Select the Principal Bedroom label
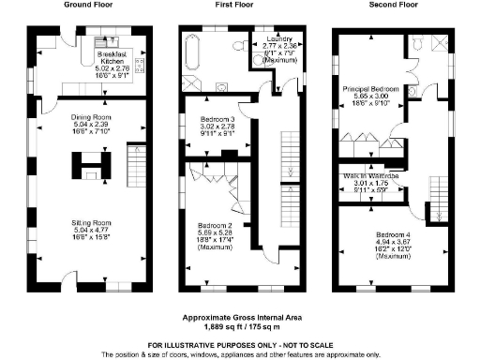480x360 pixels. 373,97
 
